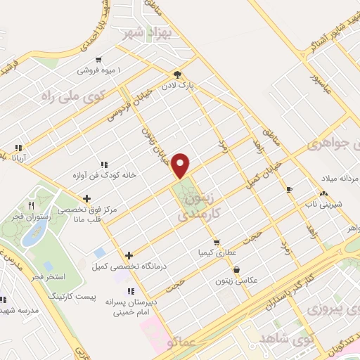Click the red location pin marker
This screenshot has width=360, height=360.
[x=181, y=165]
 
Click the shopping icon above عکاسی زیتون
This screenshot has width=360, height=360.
[x=236, y=269]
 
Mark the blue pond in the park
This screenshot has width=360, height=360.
[x=32, y=234]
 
